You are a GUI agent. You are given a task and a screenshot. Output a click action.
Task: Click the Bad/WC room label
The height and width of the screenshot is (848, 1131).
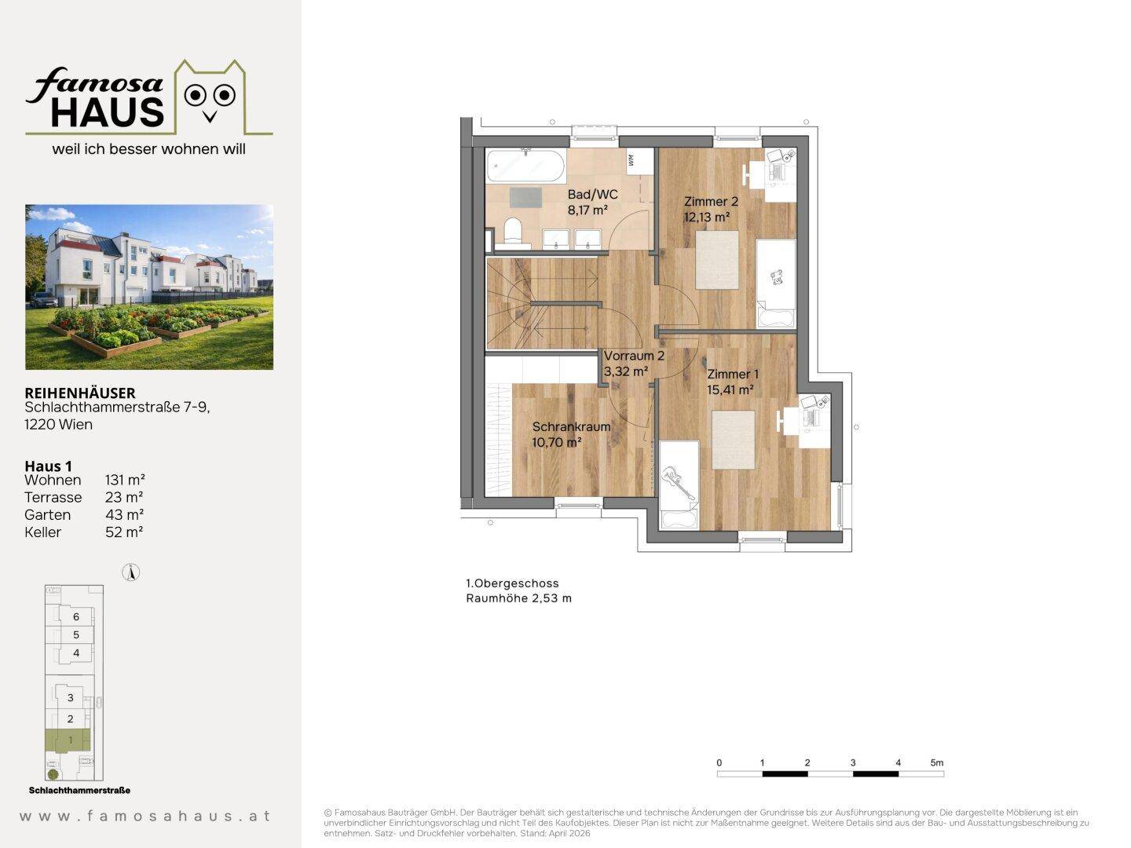click(592, 195)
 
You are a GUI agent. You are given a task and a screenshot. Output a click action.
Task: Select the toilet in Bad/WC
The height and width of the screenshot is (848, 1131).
click(513, 231)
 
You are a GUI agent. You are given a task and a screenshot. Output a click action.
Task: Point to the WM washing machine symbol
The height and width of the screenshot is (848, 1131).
click(631, 160)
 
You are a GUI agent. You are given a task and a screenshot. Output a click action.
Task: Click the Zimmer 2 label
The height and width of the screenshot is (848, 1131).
click(711, 201)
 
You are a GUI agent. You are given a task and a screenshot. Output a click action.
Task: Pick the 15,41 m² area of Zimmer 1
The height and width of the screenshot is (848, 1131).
click(730, 389)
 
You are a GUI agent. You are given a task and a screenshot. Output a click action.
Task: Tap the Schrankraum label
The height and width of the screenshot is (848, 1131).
click(572, 427)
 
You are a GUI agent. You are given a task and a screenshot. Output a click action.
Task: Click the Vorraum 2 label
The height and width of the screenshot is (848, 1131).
click(635, 356)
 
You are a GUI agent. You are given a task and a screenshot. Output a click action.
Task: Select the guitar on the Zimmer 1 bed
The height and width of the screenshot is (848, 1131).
click(678, 482)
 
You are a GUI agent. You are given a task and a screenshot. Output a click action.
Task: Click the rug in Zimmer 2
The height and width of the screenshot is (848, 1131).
click(717, 260)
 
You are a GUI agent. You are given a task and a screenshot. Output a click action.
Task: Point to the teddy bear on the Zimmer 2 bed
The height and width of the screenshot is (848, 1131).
click(777, 276)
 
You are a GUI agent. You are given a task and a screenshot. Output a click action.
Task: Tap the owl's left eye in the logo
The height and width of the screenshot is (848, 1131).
click(195, 95)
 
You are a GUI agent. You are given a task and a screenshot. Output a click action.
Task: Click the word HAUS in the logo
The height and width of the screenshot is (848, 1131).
click(107, 111)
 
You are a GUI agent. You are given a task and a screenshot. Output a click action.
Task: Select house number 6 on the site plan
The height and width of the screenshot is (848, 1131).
click(76, 617)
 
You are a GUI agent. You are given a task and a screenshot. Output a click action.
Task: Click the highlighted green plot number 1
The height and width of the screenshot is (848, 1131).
click(71, 740)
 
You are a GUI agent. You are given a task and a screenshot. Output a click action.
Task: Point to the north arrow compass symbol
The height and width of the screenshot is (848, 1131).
click(131, 572)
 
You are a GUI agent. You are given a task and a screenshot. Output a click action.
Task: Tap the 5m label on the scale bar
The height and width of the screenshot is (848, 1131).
click(937, 762)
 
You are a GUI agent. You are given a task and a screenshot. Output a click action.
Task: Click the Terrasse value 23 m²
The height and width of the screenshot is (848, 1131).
click(124, 497)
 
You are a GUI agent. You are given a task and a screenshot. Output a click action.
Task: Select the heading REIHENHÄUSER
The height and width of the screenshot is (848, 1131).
click(80, 393)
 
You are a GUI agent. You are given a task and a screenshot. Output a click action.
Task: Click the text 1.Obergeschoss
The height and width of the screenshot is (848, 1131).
click(512, 583)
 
